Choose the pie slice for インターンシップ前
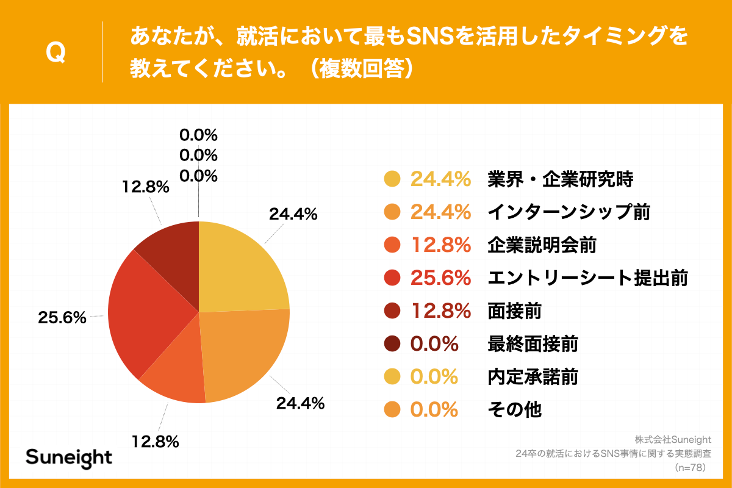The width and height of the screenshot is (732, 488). point(244,354)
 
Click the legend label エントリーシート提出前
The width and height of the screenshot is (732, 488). point(587,278)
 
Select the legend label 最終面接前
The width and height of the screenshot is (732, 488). point(533,344)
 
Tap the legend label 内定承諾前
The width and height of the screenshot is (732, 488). point(533,377)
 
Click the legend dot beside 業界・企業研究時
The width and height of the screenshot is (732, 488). point(392,179)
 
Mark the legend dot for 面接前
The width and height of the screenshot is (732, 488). point(392,311)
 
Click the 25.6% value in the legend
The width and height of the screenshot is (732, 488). point(440,278)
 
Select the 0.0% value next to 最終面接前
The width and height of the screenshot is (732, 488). point(434,344)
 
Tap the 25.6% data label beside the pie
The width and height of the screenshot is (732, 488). point(62,317)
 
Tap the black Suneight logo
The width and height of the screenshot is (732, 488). point(69,457)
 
